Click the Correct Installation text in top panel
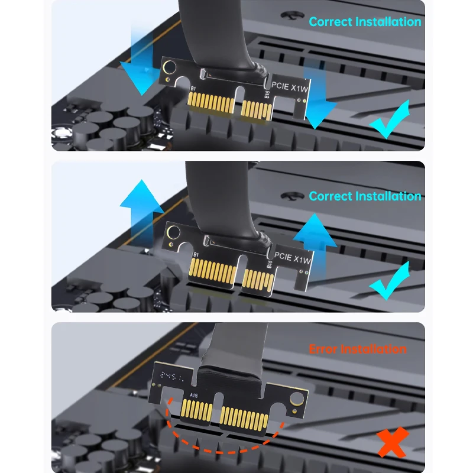point(365,22)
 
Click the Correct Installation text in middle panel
point(365,196)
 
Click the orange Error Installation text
point(358,349)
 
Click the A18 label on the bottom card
point(194,395)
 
